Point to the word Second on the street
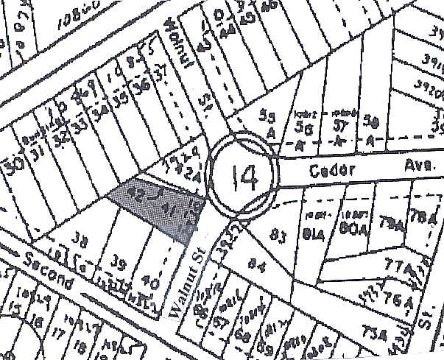click(50, 272)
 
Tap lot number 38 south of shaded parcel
click(81, 239)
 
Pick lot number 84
click(257, 261)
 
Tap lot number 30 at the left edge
click(12, 167)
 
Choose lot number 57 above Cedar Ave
click(339, 127)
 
